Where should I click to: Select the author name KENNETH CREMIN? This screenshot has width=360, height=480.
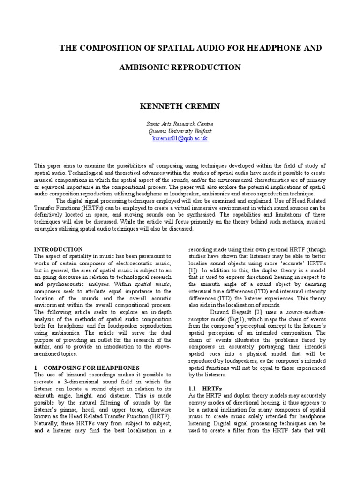[180, 106]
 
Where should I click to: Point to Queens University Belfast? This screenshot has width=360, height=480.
[180, 132]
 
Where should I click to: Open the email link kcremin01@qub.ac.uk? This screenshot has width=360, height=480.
[180, 139]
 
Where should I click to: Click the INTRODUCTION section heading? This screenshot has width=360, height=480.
[59, 249]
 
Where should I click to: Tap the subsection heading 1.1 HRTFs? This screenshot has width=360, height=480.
[202, 389]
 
